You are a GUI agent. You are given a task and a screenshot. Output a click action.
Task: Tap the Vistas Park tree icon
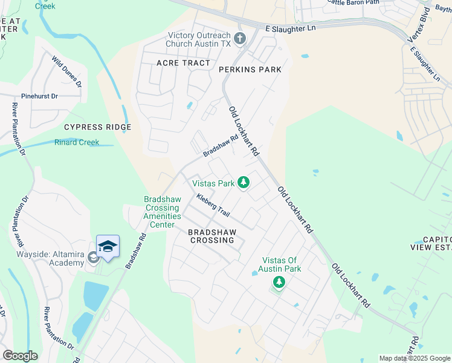(244, 182)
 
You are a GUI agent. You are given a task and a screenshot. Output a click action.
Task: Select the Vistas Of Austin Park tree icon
(279, 282)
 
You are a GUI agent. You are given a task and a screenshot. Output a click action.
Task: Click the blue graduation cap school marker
(108, 246)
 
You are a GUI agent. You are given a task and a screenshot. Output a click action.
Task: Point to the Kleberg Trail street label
(213, 206)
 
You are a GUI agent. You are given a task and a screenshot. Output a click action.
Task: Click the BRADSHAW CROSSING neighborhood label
(211, 235)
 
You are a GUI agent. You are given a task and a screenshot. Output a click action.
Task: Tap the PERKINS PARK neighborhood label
(250, 70)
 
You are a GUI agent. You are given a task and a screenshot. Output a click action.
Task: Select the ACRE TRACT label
(183, 63)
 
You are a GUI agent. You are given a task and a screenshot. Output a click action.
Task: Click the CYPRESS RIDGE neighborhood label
(97, 127)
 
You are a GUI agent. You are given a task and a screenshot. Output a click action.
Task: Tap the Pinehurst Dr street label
(39, 96)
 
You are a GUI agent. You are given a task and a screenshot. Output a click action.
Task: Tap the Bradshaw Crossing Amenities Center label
(162, 212)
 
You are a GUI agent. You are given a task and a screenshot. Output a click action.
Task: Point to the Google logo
(20, 356)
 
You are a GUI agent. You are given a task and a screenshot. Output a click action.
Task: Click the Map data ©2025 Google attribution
(415, 358)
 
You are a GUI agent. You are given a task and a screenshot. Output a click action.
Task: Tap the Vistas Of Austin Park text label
(279, 264)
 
